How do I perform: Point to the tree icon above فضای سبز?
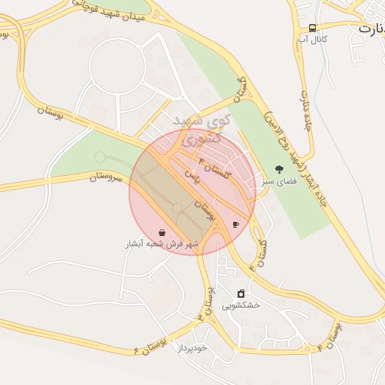point(280,170)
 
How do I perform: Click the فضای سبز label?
point(279,181)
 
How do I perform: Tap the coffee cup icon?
point(235,224)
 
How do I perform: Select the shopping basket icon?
point(162,233)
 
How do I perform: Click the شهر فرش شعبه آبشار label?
point(162,244)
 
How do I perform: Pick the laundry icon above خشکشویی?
point(241,294)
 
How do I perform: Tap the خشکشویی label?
point(241,305)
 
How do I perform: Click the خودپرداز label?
point(192,348)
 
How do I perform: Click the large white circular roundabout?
point(117,66)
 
